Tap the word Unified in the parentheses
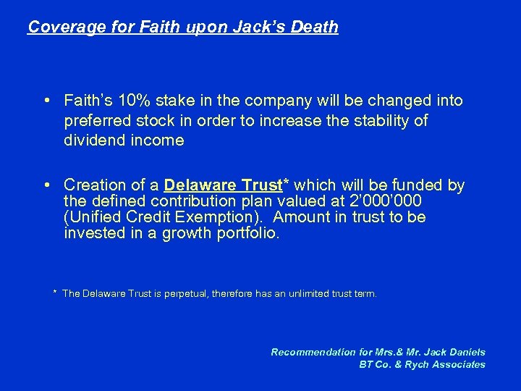point(96,217)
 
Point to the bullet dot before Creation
point(46,186)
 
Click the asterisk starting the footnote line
point(55,293)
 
